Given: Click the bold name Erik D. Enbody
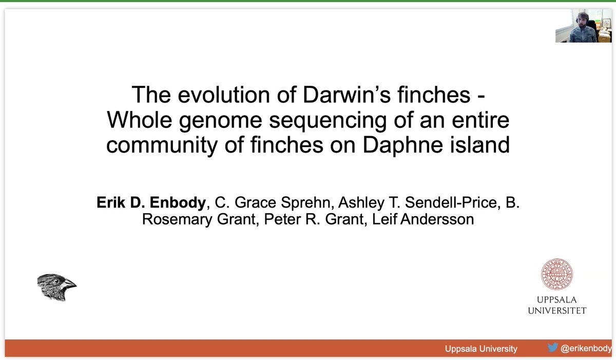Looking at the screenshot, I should click(x=151, y=203).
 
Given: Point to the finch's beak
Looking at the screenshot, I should click(x=71, y=283).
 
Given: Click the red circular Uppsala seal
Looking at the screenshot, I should click(x=556, y=273).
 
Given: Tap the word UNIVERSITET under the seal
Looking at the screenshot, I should click(x=556, y=310).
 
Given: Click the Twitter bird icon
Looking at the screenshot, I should click(x=552, y=348).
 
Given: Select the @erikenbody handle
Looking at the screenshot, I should click(x=586, y=348).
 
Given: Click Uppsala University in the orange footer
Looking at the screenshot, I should click(x=481, y=349).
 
